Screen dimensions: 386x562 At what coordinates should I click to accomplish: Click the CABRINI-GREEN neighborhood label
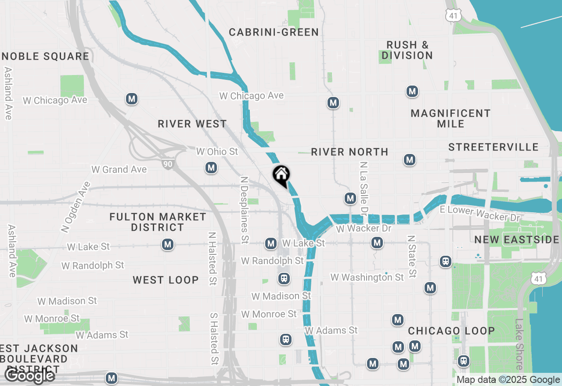tap(274, 32)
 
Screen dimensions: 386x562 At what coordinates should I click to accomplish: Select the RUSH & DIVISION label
tap(407, 50)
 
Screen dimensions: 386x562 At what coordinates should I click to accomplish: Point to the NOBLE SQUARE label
tap(46, 56)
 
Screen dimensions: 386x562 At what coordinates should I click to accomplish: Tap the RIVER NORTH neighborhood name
tap(349, 152)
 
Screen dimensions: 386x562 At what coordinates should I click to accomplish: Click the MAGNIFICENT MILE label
tap(450, 118)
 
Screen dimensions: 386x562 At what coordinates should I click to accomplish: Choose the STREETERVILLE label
tap(494, 147)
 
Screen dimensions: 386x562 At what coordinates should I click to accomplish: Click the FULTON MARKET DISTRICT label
tap(158, 222)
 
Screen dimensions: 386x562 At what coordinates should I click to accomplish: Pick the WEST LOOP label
tap(166, 280)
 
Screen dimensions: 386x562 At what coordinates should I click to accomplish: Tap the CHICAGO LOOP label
tap(451, 331)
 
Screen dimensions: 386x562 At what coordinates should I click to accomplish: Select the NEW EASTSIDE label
tap(517, 239)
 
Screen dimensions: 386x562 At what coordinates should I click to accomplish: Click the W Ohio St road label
tap(217, 151)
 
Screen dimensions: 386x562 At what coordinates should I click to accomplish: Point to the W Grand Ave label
tap(119, 169)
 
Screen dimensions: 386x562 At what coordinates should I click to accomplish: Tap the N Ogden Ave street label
tap(76, 207)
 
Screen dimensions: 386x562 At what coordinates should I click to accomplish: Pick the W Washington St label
tap(367, 277)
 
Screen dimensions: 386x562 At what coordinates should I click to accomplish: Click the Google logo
tap(30, 376)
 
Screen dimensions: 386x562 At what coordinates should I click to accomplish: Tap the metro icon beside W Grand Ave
tap(211, 168)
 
